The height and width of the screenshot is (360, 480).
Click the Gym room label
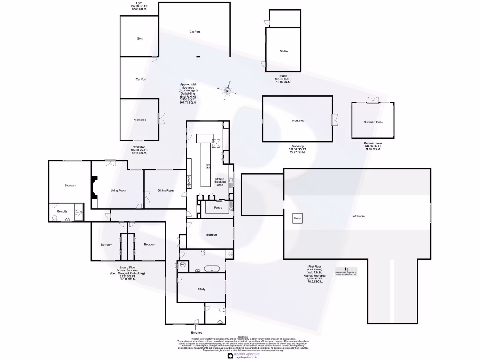coord(140,39)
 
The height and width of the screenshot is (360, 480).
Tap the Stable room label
coord(284,51)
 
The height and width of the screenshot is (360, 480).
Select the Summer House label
coord(373,122)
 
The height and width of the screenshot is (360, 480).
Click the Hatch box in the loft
coord(298,218)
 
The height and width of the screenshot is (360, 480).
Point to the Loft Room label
coord(358,216)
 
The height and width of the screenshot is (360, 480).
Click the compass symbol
coord(227,89)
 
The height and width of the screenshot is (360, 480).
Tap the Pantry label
coord(217,207)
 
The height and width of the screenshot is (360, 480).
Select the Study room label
coord(202,289)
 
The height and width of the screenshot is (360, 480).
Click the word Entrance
coord(196,333)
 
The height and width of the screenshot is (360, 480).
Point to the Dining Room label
coord(165,190)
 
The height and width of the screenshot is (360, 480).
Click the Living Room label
coord(118,190)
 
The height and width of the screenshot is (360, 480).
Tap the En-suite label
coord(62,212)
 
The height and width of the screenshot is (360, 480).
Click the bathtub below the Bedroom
coord(211,270)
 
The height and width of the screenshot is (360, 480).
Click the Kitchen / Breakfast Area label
coord(220,182)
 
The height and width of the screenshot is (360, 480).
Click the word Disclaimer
coord(242,337)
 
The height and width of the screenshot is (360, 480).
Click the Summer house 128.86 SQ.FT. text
coord(373,146)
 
